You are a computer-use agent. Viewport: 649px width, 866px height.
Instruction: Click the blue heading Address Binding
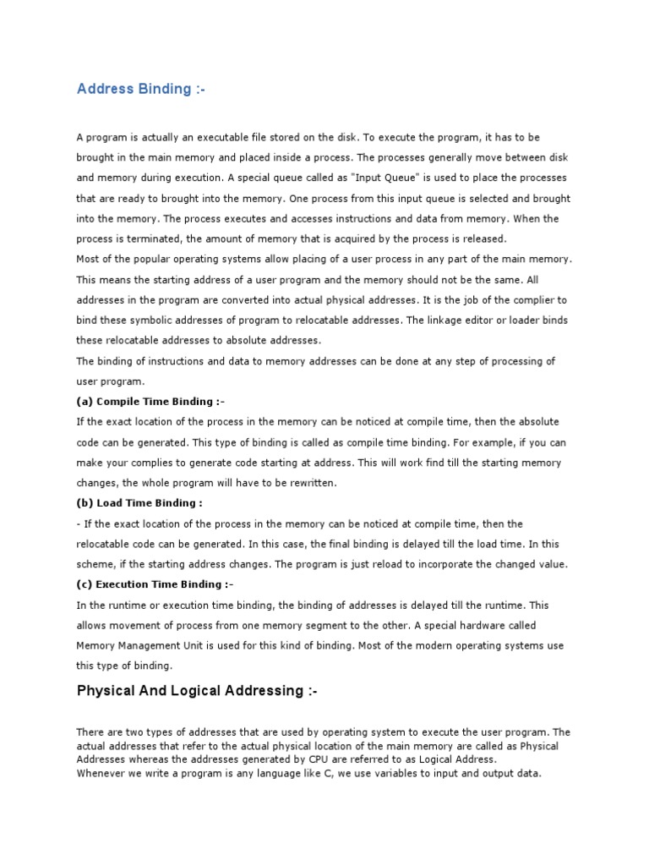(x=140, y=89)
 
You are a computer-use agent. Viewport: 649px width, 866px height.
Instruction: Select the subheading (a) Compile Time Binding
(x=150, y=401)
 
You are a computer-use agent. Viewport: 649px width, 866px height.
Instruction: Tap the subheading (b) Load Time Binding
(x=139, y=502)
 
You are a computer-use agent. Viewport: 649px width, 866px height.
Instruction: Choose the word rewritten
(x=308, y=483)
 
